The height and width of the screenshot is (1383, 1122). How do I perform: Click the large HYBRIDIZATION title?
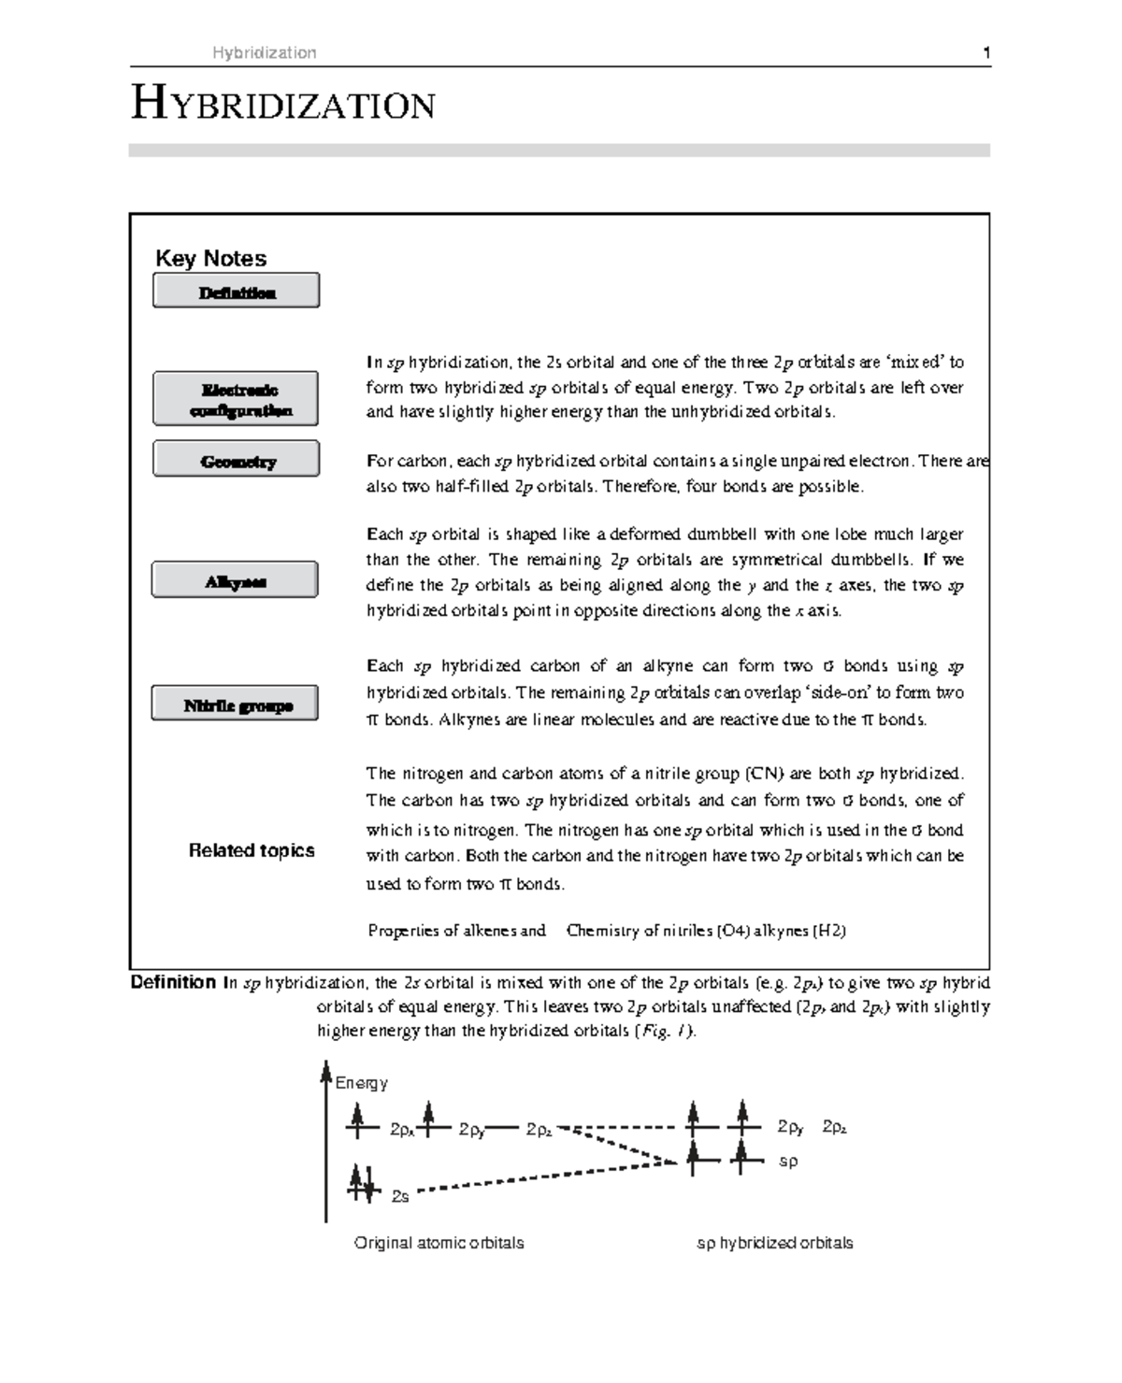282,104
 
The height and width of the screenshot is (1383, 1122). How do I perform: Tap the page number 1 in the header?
986,53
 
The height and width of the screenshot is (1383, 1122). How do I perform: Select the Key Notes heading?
210,259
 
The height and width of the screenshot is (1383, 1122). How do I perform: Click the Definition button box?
236,291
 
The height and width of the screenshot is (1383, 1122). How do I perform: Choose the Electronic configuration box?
236,399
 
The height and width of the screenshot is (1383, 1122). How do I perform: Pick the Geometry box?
236,460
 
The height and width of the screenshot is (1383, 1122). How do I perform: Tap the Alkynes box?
235,580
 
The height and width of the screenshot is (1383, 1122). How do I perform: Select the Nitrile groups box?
235,704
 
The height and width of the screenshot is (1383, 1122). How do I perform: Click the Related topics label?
252,850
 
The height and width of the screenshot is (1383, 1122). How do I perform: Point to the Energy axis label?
361,1083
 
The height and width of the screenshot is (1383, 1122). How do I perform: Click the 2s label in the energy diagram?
399,1197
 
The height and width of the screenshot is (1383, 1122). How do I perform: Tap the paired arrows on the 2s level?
362,1183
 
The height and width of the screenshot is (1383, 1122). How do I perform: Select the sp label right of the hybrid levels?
788,1162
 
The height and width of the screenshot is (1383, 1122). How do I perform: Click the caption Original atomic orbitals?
439,1243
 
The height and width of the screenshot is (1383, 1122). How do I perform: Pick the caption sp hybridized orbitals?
774,1243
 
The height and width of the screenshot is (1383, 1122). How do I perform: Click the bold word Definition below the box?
173,982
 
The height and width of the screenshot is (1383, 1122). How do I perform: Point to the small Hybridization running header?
264,53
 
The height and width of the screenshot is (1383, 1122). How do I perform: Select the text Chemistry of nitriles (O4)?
657,931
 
